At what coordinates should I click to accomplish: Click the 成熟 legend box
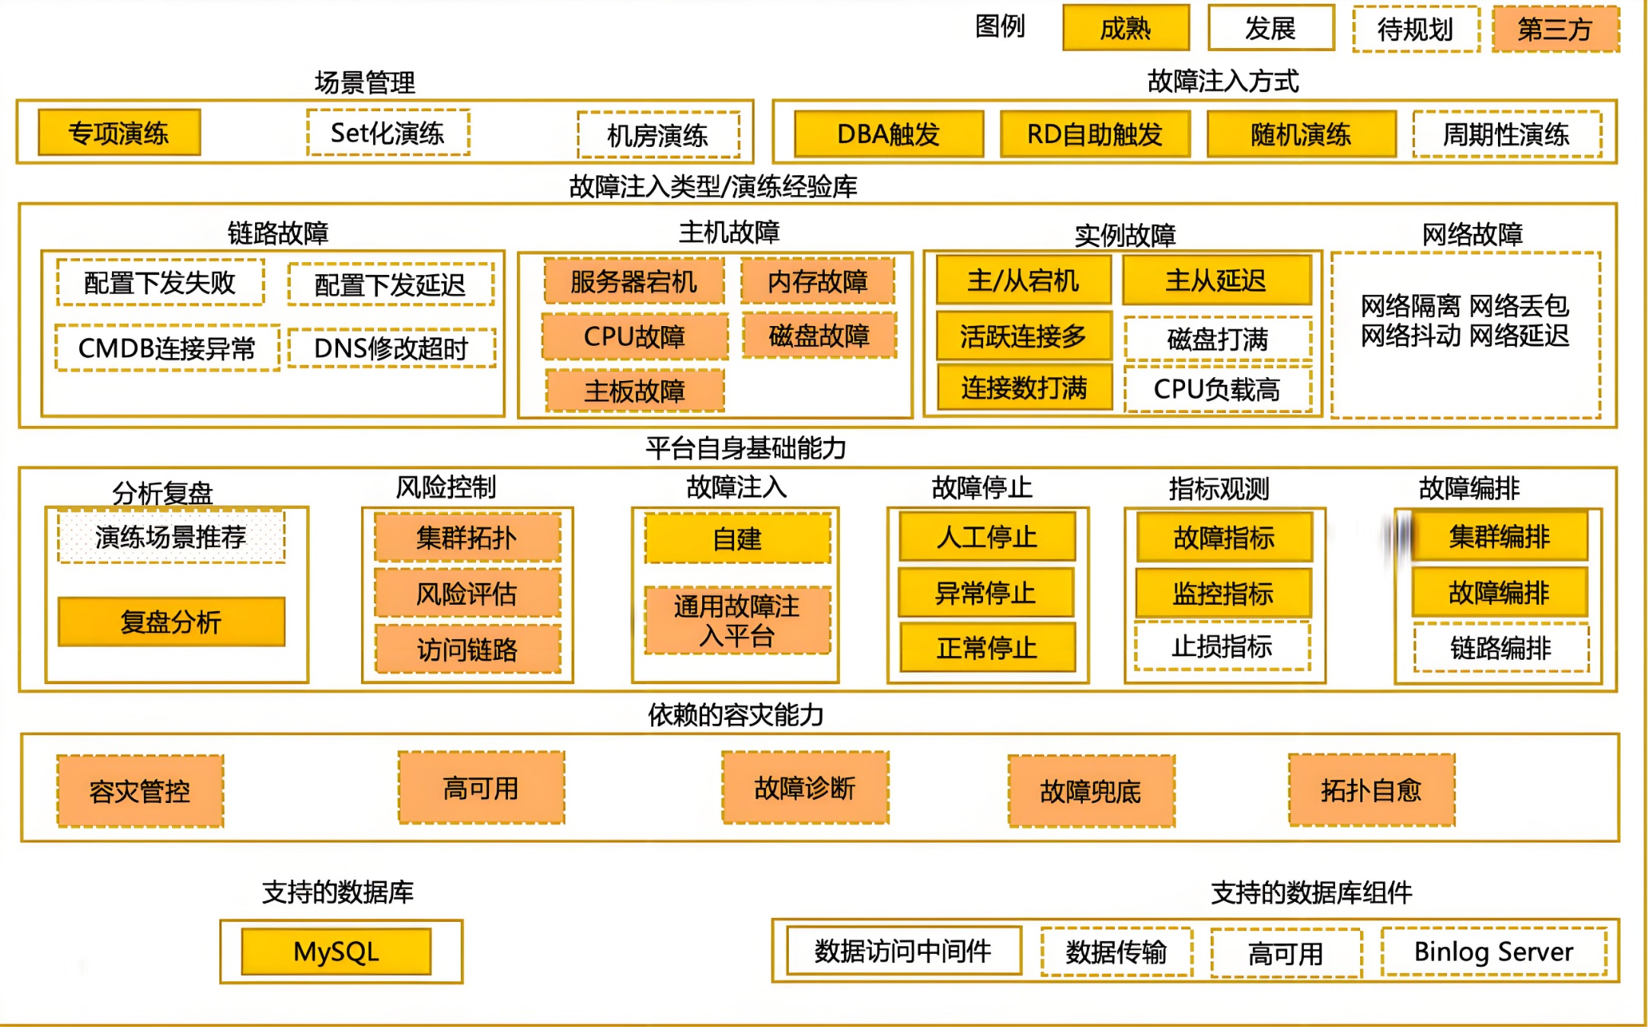[1126, 28]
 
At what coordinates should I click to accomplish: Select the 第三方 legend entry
[1555, 29]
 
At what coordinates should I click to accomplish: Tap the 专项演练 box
[120, 133]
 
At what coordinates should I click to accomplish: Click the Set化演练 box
[388, 133]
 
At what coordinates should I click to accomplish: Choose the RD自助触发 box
[1094, 134]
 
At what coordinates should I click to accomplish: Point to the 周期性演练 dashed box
[1506, 135]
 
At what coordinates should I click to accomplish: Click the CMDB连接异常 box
[167, 348]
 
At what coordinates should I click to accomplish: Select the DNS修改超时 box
[391, 348]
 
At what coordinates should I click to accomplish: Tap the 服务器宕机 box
[634, 282]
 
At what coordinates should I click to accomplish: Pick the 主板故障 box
[634, 391]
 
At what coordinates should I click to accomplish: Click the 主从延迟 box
[1216, 280]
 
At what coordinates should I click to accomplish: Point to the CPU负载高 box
[1217, 389]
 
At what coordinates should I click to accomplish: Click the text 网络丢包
[1519, 306]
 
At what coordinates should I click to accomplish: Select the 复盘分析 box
[171, 622]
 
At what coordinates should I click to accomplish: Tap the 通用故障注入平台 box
[737, 620]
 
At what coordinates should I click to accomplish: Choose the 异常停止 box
[986, 593]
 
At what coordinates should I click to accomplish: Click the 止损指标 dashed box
[1222, 647]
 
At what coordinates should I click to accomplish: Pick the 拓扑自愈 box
[1372, 790]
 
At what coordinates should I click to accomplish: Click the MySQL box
[336, 952]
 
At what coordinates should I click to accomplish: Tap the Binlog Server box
[1493, 952]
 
